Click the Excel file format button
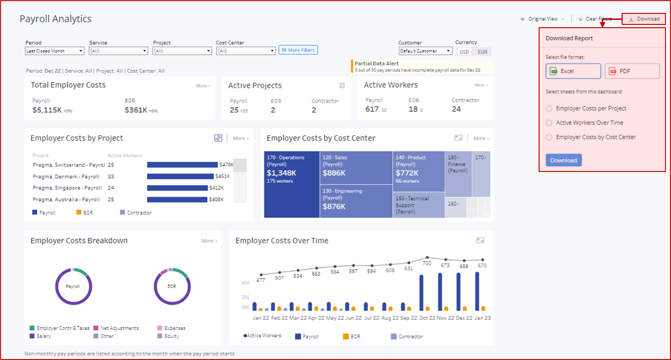pos(573,71)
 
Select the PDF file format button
pos(632,71)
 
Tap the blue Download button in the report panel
pos(564,160)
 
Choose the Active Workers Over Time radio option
pos(549,123)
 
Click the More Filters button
pos(298,50)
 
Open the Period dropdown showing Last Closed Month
pos(54,51)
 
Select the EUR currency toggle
pos(482,52)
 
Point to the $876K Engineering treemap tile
pos(356,201)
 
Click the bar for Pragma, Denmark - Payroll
pos(180,176)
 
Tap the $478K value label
pos(226,165)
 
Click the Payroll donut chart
pos(73,286)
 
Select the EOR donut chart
pos(172,286)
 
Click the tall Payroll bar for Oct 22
pos(421,293)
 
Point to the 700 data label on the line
pos(427,263)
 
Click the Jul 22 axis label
pos(372,318)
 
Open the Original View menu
pos(543,19)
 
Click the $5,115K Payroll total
pos(47,110)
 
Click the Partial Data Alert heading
pos(376,64)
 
